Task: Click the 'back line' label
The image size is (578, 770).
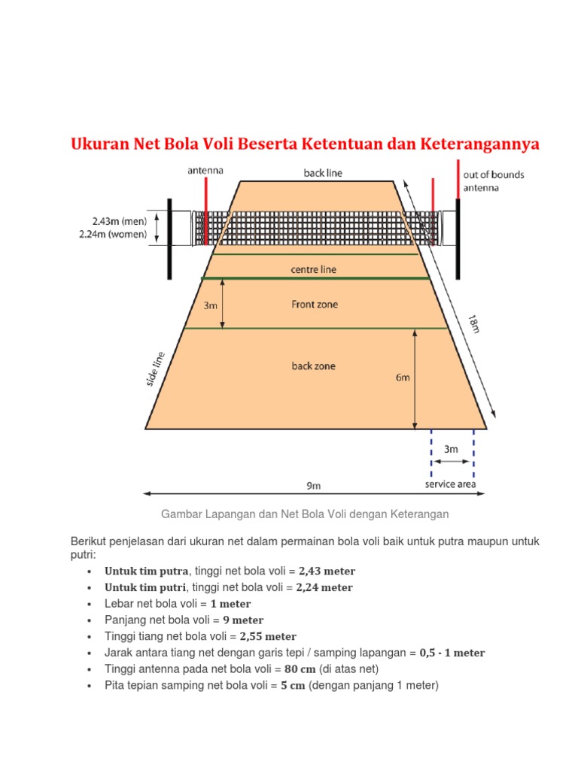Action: tap(323, 173)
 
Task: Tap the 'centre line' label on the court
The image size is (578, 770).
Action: tap(313, 268)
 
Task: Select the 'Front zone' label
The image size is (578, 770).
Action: tap(315, 305)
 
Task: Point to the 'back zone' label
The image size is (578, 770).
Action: tap(314, 366)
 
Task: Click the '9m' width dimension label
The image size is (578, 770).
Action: tap(313, 486)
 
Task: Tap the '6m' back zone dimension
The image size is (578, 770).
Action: tap(403, 378)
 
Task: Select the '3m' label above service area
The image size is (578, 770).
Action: tap(451, 449)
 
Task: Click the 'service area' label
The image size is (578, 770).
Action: tap(450, 484)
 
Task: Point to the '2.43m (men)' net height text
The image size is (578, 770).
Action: tap(119, 221)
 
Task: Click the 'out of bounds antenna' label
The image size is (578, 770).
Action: tap(494, 180)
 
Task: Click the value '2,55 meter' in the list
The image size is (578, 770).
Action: tap(269, 636)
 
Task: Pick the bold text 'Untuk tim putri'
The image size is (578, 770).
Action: tap(145, 587)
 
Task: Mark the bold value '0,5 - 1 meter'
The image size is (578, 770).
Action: tap(452, 653)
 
